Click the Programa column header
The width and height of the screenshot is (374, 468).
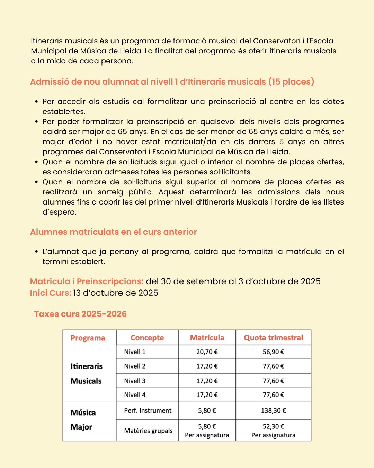pyautogui.click(x=88, y=338)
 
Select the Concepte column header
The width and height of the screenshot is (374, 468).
pyautogui.click(x=147, y=338)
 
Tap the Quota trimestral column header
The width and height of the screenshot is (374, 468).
pyautogui.click(x=273, y=338)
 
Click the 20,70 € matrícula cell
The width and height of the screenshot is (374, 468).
pyautogui.click(x=207, y=352)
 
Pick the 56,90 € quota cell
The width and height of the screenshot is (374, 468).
pyautogui.click(x=273, y=352)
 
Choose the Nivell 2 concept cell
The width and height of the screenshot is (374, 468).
pyautogui.click(x=135, y=366)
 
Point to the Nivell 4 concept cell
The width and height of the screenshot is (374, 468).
pyautogui.click(x=135, y=395)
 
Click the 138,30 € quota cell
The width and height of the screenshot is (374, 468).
pyautogui.click(x=273, y=410)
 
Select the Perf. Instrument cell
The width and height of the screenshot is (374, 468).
pyautogui.click(x=148, y=410)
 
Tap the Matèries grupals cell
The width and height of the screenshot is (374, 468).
pyautogui.click(x=148, y=431)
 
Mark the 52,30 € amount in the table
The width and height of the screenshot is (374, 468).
pyautogui.click(x=273, y=426)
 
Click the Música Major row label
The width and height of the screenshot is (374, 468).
pyautogui.click(x=83, y=420)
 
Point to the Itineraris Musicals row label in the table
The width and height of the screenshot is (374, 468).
pyautogui.click(x=87, y=374)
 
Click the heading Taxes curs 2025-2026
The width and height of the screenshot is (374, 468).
pyautogui.click(x=80, y=314)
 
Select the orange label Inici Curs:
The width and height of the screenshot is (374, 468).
pyautogui.click(x=51, y=293)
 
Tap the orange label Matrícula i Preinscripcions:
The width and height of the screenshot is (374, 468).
pyautogui.click(x=87, y=281)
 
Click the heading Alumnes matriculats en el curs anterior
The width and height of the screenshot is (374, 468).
pyautogui.click(x=113, y=232)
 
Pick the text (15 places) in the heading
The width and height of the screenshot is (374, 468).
pyautogui.click(x=291, y=82)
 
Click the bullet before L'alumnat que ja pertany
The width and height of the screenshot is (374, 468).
pyautogui.click(x=36, y=252)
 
